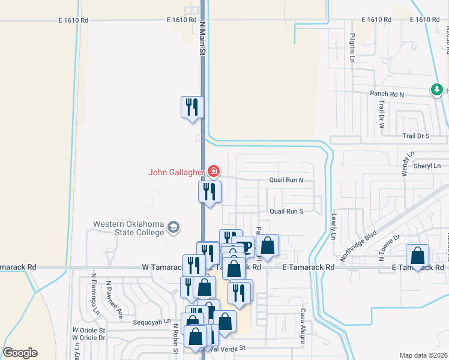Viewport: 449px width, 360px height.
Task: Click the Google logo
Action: pyautogui.click(x=20, y=353)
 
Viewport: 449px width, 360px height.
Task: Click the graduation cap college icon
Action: pyautogui.click(x=173, y=227)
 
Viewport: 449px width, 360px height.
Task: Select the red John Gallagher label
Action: pyautogui.click(x=176, y=172)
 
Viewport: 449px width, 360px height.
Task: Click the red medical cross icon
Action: pyautogui.click(x=213, y=172)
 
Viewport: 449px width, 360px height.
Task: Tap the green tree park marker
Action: pyautogui.click(x=437, y=90)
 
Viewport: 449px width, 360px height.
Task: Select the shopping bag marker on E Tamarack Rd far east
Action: pyautogui.click(x=418, y=256)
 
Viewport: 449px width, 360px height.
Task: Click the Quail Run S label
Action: pyautogui.click(x=286, y=211)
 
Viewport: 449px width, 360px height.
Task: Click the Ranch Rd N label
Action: pyautogui.click(x=387, y=94)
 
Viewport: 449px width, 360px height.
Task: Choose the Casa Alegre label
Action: pyautogui.click(x=304, y=327)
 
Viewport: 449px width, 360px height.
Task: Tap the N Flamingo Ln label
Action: pyautogui.click(x=95, y=294)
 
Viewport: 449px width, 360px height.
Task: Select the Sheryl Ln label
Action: pyautogui.click(x=429, y=166)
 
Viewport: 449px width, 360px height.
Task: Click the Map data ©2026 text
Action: pyautogui.click(x=423, y=355)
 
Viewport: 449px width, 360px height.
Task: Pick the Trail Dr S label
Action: pyautogui.click(x=416, y=136)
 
